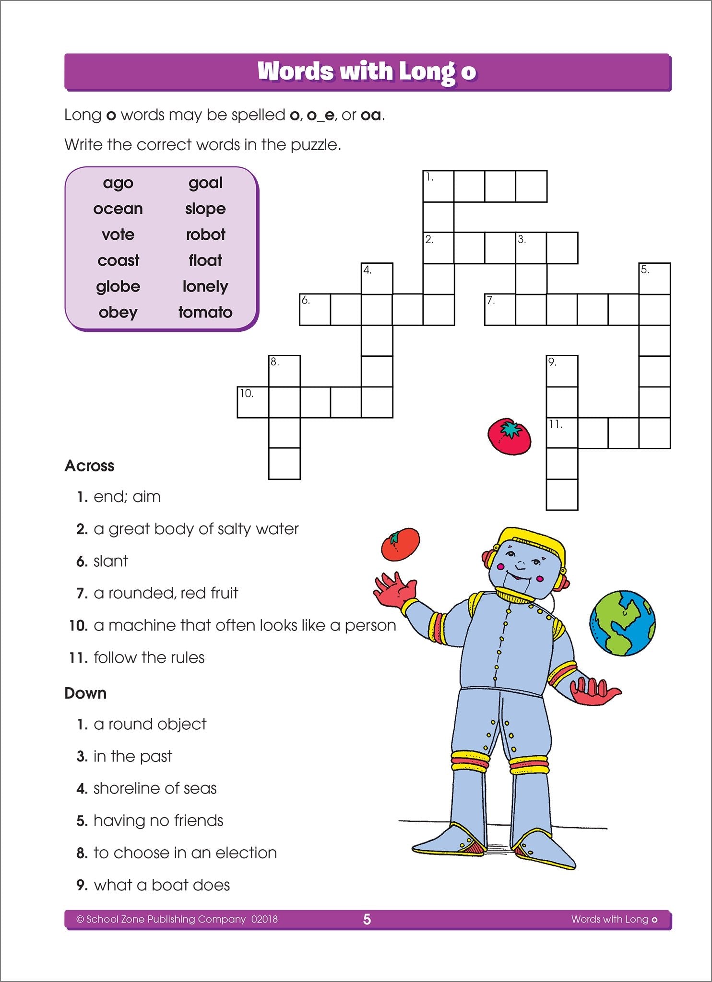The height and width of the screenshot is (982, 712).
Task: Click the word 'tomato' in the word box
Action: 205,312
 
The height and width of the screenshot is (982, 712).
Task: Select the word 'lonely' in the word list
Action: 205,286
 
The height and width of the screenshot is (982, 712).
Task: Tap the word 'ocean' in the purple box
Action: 118,209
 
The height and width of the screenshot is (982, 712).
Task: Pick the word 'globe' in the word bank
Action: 118,286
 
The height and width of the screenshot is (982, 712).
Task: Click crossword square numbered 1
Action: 438,186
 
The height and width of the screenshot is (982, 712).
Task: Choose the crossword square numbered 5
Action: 654,279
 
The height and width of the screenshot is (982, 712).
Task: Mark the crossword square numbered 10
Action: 253,402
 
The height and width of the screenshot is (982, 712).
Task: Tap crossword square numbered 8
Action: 284,371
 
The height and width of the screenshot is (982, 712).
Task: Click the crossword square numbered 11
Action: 562,433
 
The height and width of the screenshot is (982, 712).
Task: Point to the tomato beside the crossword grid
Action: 510,436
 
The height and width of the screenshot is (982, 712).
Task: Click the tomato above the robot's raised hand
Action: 401,544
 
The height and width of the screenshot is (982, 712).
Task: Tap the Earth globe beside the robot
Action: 622,623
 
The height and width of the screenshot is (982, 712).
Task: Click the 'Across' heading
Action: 90,466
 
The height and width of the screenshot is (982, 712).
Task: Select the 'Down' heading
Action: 85,693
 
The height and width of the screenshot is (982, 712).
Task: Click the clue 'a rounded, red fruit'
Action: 166,593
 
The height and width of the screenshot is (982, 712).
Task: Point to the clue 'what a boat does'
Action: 162,885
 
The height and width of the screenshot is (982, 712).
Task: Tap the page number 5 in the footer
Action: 367,919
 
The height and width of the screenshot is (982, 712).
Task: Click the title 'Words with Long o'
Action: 367,71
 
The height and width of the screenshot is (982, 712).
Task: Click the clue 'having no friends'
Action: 158,820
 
